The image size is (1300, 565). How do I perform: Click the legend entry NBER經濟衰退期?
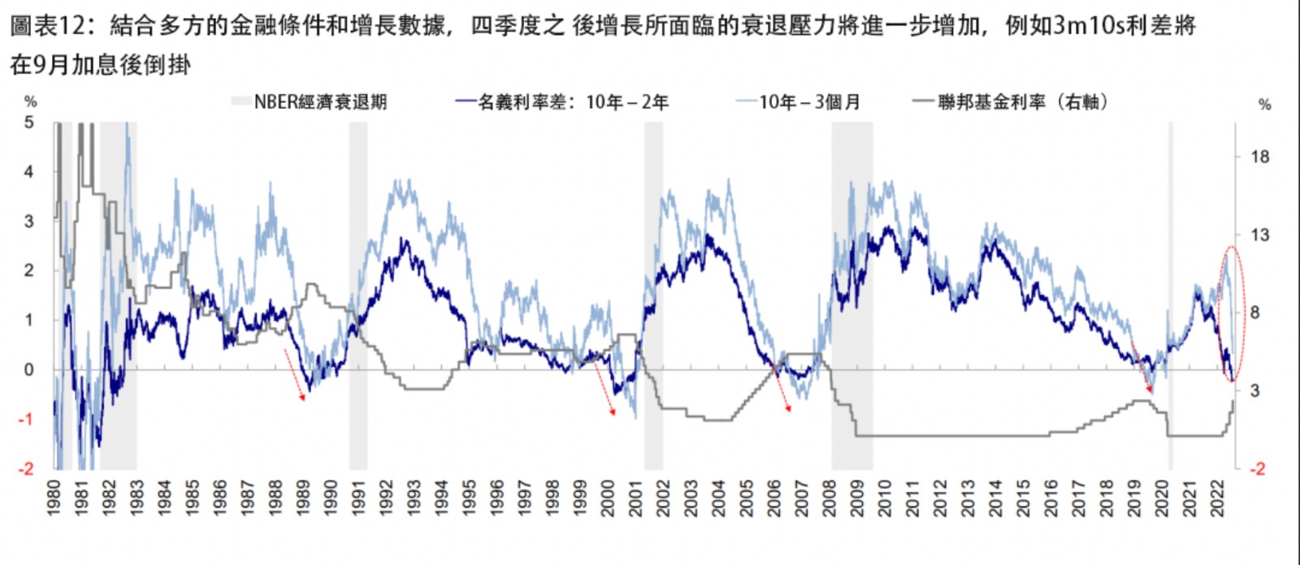(x=320, y=102)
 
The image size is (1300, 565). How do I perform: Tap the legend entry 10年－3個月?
(x=809, y=102)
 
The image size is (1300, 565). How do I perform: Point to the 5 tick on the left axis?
(x=29, y=123)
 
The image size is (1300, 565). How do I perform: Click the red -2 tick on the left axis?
(x=27, y=469)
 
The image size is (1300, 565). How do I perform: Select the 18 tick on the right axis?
(x=1259, y=157)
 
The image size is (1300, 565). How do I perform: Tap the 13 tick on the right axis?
(x=1259, y=235)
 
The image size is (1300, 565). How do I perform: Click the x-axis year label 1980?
(x=54, y=497)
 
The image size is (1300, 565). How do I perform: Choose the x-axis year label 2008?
(x=830, y=497)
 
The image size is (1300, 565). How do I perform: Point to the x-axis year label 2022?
(x=1217, y=497)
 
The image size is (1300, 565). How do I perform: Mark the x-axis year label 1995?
(x=470, y=497)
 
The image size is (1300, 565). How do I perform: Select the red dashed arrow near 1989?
(x=294, y=374)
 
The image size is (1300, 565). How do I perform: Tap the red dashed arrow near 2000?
(x=604, y=389)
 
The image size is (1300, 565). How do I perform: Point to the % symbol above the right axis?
(x=1263, y=105)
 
